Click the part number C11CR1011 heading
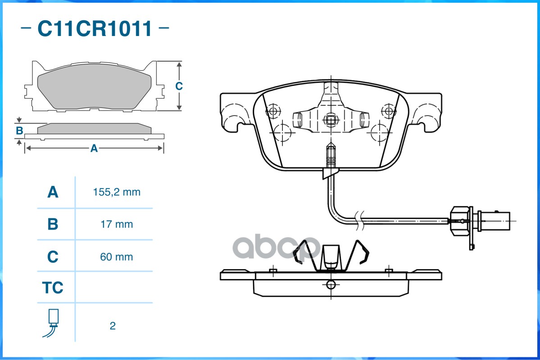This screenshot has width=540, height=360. [x=95, y=29]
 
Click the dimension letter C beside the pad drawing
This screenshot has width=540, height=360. [x=179, y=86]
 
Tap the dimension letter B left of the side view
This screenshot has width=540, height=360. [x=19, y=131]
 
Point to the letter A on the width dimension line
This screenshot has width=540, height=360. [x=94, y=148]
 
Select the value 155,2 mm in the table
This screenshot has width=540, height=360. [x=117, y=192]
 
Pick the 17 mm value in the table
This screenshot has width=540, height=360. [x=117, y=224]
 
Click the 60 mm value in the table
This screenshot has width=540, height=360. [x=117, y=257]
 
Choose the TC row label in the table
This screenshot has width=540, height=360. [x=53, y=288]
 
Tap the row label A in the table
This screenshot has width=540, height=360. [x=53, y=192]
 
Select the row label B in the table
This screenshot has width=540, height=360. [x=53, y=224]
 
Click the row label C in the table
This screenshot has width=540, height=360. [x=53, y=257]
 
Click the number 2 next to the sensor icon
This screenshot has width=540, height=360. [x=113, y=326]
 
